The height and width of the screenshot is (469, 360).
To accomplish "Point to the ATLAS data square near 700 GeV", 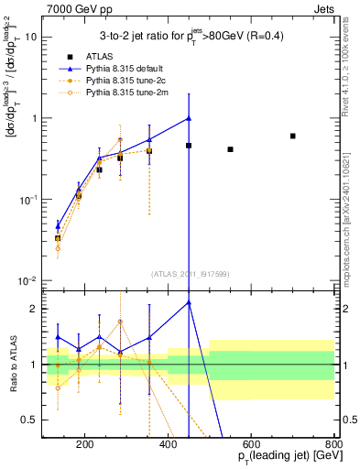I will click(293, 136).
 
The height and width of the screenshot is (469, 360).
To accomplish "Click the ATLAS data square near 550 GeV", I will click(231, 149).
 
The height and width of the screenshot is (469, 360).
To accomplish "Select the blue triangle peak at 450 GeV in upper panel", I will click(189, 118).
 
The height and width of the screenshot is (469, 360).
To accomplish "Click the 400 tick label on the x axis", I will click(168, 446).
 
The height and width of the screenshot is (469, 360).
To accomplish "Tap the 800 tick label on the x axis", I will click(334, 446).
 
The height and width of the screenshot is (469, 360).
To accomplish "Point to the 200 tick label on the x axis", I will click(84, 446).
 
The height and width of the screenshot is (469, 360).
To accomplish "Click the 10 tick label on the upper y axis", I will click(30, 38).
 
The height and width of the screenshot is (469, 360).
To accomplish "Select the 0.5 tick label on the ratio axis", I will click(27, 420).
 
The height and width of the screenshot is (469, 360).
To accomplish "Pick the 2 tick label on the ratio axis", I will click(32, 309).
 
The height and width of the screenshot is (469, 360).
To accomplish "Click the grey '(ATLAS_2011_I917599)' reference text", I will click(189, 275).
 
